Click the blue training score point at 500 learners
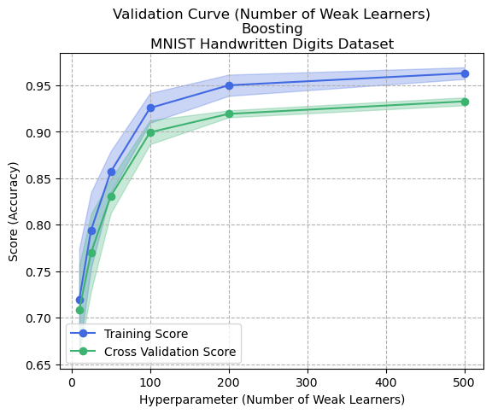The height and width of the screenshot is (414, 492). point(465,73)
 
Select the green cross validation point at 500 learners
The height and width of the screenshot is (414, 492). point(465,102)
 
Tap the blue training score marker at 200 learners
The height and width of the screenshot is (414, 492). point(229,85)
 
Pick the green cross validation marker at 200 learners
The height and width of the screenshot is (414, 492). point(229,114)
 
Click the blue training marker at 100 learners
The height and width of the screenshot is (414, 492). point(150,108)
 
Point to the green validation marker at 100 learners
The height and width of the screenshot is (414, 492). point(150,132)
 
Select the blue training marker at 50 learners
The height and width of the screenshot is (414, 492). point(111,172)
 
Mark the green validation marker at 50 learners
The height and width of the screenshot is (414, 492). point(111,196)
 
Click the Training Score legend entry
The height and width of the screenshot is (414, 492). point(145,334)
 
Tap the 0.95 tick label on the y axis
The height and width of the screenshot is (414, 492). point(39,86)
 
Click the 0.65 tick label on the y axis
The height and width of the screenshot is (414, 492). point(39,365)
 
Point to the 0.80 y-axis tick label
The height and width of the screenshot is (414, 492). point(39,225)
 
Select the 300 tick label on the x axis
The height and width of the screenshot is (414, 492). point(307,383)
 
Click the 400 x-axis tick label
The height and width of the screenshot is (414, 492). point(386,383)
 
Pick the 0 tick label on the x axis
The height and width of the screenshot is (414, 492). point(72,383)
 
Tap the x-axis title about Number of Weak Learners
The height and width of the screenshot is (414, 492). point(272,399)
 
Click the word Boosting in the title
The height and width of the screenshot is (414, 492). point(272,28)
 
